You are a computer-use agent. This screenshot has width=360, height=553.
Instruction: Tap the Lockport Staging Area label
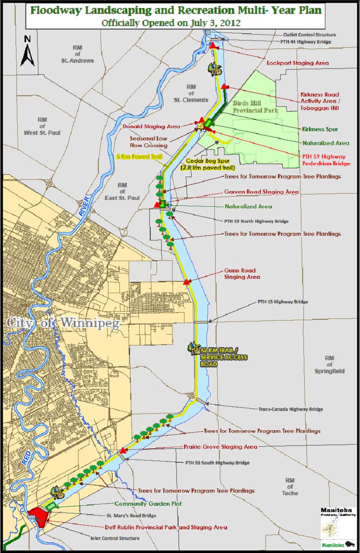tap(298, 63)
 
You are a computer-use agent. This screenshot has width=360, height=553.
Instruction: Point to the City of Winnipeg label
tap(63, 323)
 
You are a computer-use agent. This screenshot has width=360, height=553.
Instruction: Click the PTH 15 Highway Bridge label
tap(282, 302)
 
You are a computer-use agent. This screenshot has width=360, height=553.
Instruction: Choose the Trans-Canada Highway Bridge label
tap(290, 409)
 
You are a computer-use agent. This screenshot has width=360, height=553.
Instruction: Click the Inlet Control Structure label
tap(115, 538)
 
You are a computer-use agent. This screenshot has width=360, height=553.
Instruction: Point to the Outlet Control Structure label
tap(309, 35)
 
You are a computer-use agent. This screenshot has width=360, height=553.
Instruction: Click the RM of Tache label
tap(290, 487)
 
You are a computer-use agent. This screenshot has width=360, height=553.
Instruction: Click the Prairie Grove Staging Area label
tap(220, 447)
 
